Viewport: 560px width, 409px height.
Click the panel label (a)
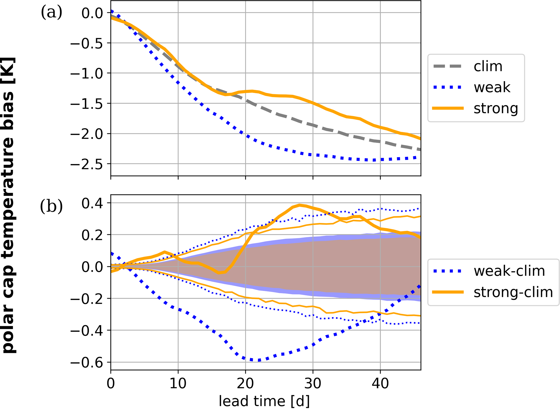tap(51, 12)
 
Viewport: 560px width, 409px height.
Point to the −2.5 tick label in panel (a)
tap(86, 164)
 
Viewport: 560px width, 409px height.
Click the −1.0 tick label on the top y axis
tap(86, 74)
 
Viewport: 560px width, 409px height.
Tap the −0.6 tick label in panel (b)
tap(86, 363)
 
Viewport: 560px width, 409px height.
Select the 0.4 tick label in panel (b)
tap(92, 203)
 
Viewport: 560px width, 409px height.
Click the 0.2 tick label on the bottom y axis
tap(92, 235)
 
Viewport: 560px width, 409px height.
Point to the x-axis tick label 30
tap(313, 383)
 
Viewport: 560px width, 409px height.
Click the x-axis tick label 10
tap(178, 383)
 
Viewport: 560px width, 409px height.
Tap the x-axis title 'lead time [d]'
tap(264, 401)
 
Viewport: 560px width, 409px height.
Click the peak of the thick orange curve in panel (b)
tap(300, 205)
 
